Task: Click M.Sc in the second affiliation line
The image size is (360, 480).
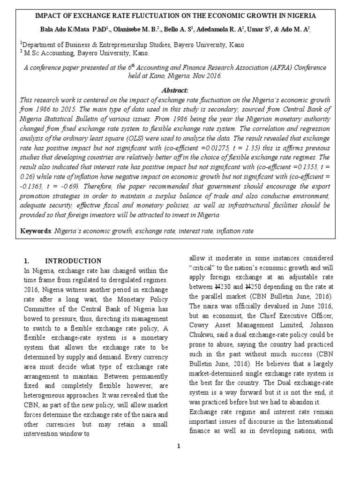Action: tap(34, 53)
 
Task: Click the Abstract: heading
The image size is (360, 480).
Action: tap(174, 90)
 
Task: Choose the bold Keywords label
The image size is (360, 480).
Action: tap(36, 231)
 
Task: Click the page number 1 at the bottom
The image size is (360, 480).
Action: tap(179, 446)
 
